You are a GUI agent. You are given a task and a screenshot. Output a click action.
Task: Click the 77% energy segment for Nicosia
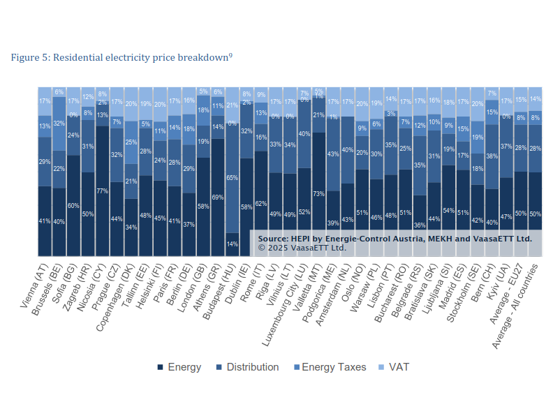(x=102, y=191)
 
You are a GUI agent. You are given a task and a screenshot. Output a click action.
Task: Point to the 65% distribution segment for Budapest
(x=232, y=178)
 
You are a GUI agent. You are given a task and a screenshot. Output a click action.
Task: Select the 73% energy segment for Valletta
(x=318, y=193)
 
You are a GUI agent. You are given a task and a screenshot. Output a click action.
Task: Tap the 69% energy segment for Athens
(x=217, y=197)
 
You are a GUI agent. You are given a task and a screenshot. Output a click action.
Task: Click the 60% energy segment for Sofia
(x=73, y=205)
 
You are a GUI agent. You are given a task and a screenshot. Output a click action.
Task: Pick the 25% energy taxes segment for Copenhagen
(x=131, y=142)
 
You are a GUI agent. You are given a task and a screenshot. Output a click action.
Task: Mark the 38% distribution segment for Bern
(x=492, y=157)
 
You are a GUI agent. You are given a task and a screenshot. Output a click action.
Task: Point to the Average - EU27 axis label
(x=508, y=294)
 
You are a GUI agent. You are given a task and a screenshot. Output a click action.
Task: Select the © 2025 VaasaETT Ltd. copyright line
(x=302, y=247)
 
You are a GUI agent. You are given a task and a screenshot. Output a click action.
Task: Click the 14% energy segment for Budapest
(x=232, y=244)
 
